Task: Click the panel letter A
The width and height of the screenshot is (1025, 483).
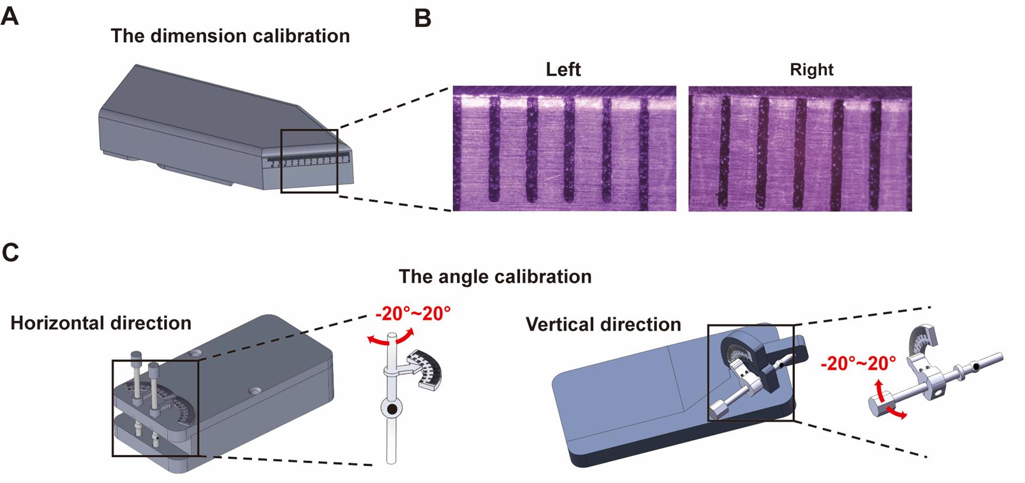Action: (x=10, y=16)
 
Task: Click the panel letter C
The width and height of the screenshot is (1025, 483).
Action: (x=11, y=252)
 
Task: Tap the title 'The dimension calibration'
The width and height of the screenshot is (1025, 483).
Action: (x=230, y=36)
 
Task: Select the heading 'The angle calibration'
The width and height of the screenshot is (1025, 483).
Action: (x=495, y=276)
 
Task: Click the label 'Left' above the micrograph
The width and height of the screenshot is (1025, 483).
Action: (x=563, y=70)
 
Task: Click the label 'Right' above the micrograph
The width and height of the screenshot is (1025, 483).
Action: (x=811, y=70)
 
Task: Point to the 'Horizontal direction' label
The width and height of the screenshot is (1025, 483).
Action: (x=101, y=323)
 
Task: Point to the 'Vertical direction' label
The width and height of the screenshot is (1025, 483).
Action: (x=603, y=324)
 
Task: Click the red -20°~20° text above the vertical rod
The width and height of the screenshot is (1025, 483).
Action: (x=413, y=314)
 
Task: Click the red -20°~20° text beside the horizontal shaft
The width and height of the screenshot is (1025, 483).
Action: (x=858, y=363)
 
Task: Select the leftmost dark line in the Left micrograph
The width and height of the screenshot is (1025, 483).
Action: (x=494, y=149)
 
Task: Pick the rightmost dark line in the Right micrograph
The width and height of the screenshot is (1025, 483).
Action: (x=875, y=153)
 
